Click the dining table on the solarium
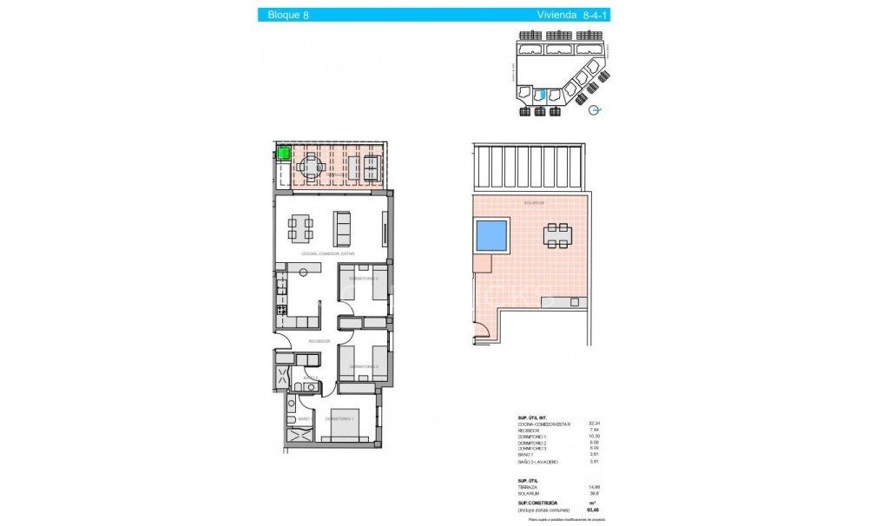click(557, 233)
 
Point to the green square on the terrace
click(282, 155)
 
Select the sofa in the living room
click(344, 227)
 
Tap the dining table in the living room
click(300, 227)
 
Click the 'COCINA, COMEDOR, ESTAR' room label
click(328, 253)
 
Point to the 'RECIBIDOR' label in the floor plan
click(319, 342)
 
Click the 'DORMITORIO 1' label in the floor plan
click(339, 419)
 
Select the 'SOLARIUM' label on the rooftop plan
click(533, 202)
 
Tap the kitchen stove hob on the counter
click(280, 310)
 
